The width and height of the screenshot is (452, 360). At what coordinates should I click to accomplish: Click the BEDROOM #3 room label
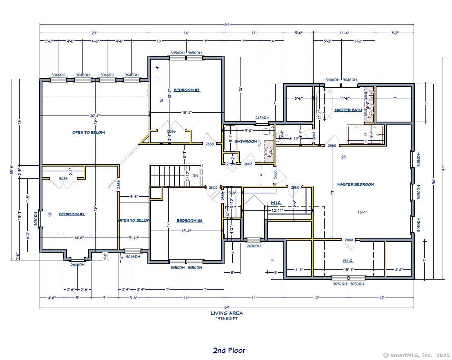coord(186,90)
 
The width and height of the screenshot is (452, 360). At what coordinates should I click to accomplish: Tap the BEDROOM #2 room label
coord(71,214)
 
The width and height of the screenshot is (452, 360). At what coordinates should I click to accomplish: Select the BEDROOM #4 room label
coord(189,221)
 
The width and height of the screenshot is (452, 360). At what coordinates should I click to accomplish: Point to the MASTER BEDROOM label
coord(355,184)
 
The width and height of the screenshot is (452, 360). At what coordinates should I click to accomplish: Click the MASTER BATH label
coord(348,110)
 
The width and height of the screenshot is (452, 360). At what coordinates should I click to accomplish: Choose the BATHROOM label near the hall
coord(246,142)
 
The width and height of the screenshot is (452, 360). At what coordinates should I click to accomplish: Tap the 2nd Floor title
coord(229,350)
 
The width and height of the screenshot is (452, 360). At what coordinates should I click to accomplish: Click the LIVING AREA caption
coord(227,313)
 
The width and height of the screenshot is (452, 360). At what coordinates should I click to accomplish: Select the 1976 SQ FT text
coord(227,319)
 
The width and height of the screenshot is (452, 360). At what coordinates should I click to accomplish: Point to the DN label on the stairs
coord(195,176)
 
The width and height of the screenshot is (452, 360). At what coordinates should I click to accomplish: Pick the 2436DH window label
coord(262,118)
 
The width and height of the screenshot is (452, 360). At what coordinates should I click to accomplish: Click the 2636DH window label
coord(253,246)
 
